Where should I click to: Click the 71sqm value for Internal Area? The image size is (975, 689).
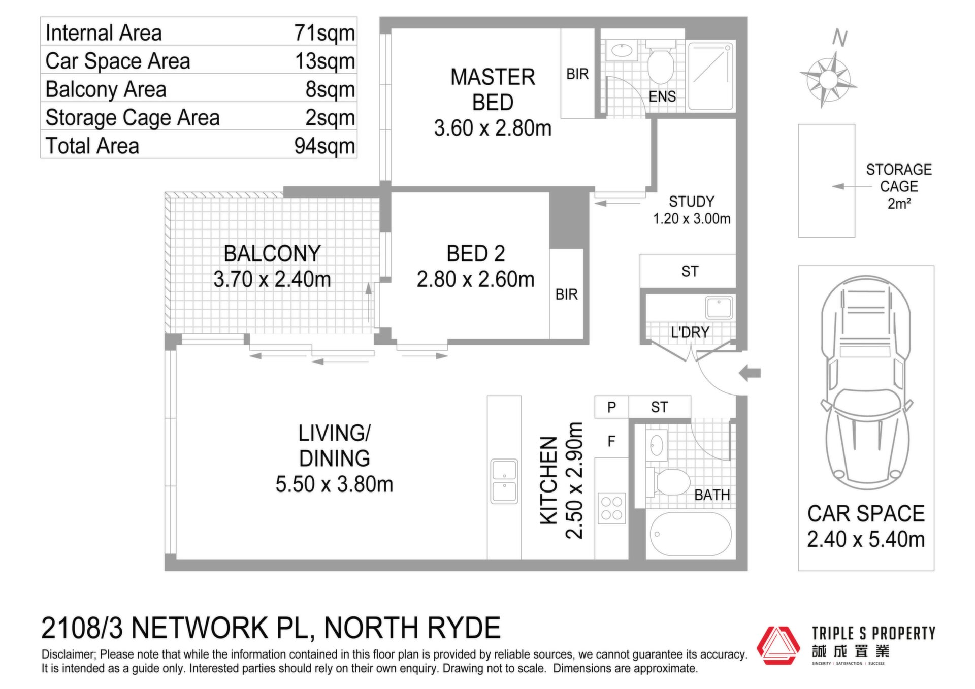(324, 33)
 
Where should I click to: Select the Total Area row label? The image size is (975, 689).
(92, 146)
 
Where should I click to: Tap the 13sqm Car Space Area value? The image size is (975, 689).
(325, 61)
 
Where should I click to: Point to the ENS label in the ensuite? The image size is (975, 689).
(662, 96)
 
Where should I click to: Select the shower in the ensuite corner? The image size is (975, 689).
(711, 76)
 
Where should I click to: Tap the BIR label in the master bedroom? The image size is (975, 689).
(577, 74)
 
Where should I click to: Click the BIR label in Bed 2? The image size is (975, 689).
(567, 294)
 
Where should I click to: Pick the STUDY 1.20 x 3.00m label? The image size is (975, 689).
(692, 210)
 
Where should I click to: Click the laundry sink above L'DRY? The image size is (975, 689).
(719, 308)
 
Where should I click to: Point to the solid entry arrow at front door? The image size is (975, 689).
(750, 373)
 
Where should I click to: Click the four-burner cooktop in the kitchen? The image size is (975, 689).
(611, 508)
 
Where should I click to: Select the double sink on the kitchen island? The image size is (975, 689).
(504, 481)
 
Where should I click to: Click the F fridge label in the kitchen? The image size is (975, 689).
(611, 441)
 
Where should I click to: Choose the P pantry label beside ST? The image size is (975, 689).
(611, 407)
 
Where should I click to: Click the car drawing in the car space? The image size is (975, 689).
(866, 383)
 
